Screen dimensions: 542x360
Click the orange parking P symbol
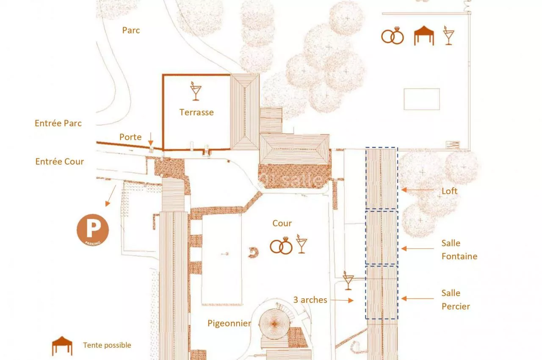click(93, 230)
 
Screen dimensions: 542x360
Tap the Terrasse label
click(196, 113)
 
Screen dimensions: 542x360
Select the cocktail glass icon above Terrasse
click(196, 91)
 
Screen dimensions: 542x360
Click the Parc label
click(131, 30)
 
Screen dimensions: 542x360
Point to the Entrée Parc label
click(58, 123)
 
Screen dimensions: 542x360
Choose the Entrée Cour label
click(60, 162)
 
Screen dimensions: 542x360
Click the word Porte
click(130, 137)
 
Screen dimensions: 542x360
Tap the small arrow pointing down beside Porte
click(150, 139)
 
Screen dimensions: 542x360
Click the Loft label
click(449, 191)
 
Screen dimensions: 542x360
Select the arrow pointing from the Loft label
click(418, 190)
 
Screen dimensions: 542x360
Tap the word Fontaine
click(459, 256)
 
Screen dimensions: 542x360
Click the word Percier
click(456, 307)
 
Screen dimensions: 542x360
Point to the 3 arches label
click(310, 300)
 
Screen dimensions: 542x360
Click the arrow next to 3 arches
click(342, 300)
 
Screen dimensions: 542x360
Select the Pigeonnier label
click(230, 324)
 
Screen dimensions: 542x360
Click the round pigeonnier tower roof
click(274, 324)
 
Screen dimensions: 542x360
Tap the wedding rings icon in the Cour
click(281, 246)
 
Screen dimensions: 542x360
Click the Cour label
click(282, 223)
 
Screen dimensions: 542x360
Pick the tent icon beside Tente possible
click(62, 346)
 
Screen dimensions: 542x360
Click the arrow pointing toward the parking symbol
click(111, 196)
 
